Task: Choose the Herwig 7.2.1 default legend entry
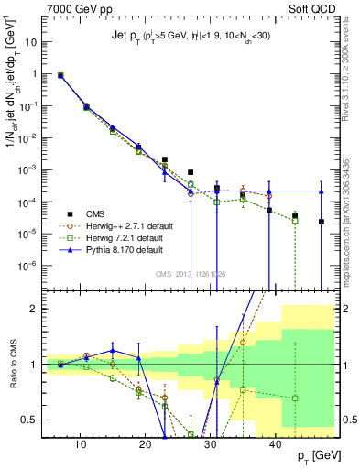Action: tap(125, 236)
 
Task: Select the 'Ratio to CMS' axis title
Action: tap(12, 365)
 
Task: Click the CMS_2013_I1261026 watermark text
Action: tap(191, 273)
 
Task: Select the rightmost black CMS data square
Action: tap(321, 222)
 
